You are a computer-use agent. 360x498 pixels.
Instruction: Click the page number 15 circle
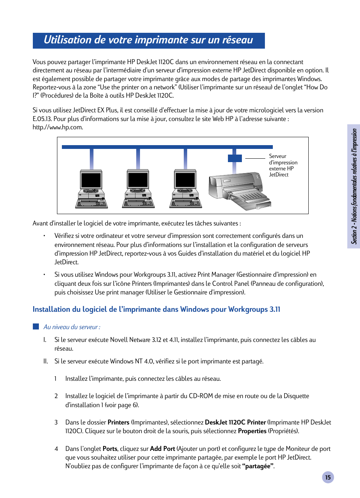328,477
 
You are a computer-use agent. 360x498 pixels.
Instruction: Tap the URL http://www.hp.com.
57,127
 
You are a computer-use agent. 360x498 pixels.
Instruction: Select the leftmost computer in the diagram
91,189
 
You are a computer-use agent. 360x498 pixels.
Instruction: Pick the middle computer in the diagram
138,189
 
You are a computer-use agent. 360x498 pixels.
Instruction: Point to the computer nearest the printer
185,189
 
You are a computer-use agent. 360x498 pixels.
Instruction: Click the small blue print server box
235,158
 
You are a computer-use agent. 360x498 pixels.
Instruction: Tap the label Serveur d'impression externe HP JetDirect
283,165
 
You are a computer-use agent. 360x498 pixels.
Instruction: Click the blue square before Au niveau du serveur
36,326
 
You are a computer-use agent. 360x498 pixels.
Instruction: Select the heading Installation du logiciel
156,310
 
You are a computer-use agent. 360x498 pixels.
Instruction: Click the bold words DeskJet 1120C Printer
235,423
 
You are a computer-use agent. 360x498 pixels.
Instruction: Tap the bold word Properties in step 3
252,431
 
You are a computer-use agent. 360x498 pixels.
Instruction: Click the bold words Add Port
162,449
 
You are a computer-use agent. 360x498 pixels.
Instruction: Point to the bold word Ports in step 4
110,449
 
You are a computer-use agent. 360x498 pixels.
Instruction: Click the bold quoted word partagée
258,466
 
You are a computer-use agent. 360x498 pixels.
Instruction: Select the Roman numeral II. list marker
46,362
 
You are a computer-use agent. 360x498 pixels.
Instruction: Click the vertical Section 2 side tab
354,186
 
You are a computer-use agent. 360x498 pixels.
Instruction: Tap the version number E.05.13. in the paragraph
42,119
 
